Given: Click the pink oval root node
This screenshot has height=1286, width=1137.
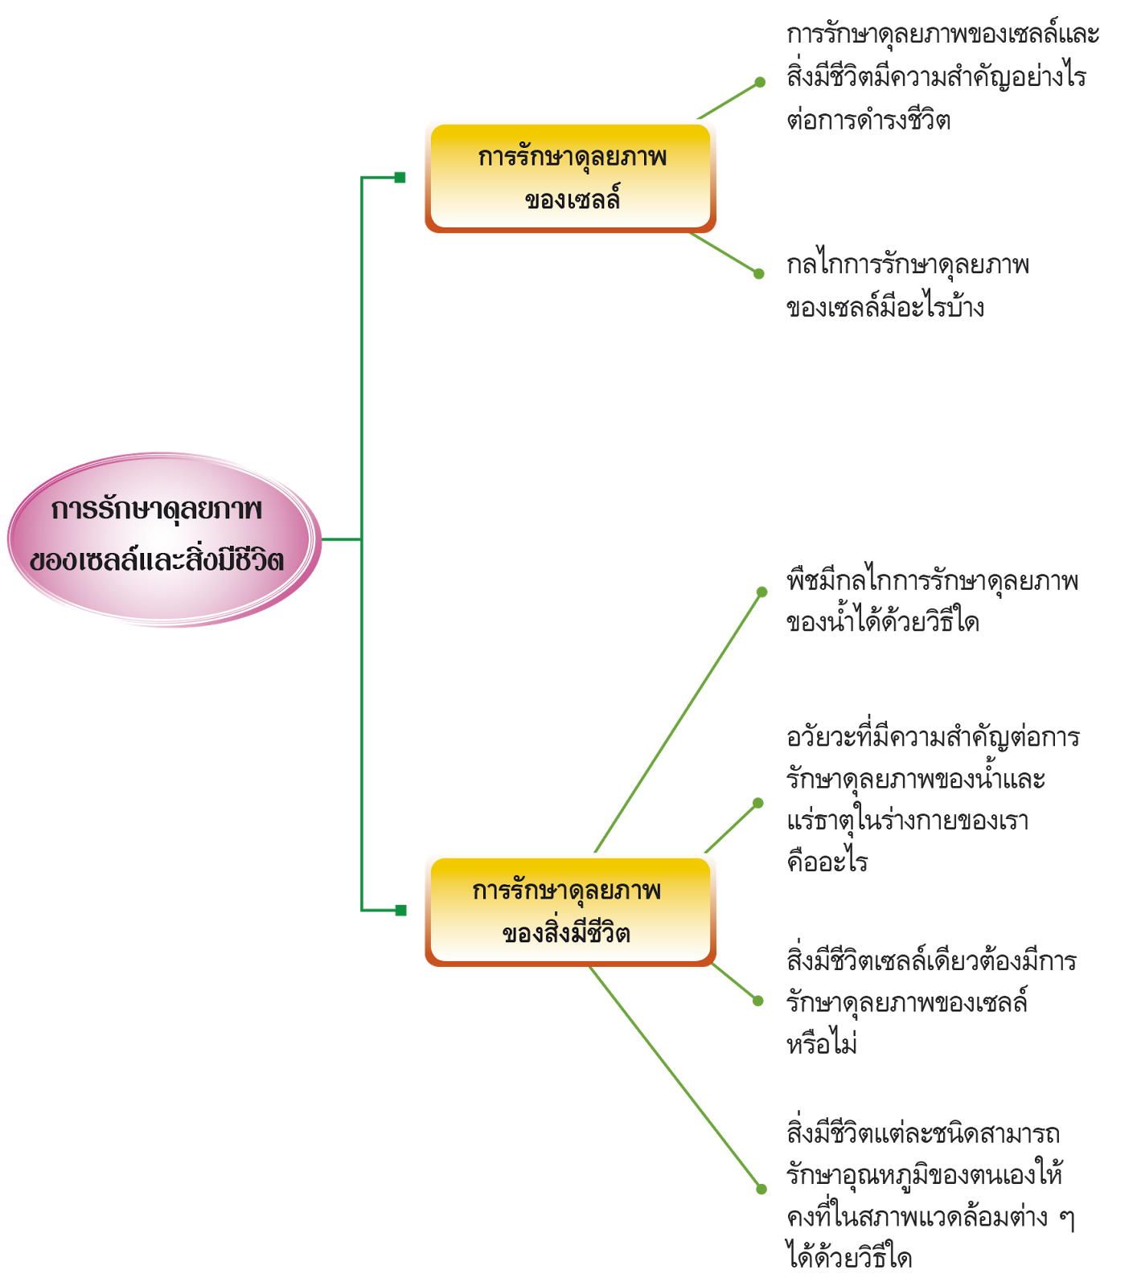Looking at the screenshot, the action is (x=163, y=539).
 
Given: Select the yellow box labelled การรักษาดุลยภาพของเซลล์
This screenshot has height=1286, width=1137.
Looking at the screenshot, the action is (x=570, y=177).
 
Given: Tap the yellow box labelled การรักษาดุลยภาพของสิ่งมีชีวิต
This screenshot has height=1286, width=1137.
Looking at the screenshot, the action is (x=570, y=911).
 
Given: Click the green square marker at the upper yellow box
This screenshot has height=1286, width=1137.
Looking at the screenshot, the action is (x=400, y=177).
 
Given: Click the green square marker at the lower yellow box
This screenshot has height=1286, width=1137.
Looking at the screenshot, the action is (x=400, y=910).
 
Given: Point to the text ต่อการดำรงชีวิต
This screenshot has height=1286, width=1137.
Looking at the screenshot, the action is (x=868, y=120).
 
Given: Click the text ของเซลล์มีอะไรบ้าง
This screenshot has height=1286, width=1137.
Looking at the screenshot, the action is (x=885, y=306).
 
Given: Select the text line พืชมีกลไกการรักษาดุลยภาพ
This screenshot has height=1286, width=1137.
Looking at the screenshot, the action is (x=933, y=580).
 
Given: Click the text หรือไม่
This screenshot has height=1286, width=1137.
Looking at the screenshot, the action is (x=822, y=1042).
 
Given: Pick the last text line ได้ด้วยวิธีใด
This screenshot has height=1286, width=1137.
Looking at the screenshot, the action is (x=849, y=1256).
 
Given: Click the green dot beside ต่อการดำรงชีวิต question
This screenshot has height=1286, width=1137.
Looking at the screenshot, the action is (x=759, y=82).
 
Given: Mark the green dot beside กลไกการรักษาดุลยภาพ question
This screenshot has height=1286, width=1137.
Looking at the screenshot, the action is (x=758, y=273).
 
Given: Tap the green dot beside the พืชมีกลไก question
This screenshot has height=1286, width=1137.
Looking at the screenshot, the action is (x=761, y=592).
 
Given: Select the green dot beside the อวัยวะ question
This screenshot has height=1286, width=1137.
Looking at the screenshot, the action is (x=757, y=803).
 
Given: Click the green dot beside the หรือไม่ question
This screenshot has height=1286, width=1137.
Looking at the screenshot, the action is (x=757, y=1001).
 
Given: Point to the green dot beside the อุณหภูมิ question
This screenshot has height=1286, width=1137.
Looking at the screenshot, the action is (x=761, y=1189).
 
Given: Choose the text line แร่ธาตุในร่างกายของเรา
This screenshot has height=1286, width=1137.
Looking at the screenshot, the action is (x=908, y=820).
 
